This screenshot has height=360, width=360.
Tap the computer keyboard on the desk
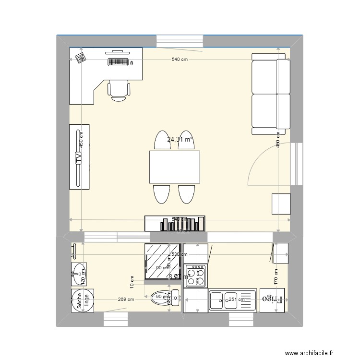(x=118, y=62)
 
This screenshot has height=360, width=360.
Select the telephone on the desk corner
(x=80, y=58)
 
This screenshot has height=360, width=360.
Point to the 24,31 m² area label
(x=180, y=140)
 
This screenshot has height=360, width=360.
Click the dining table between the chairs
(x=174, y=167)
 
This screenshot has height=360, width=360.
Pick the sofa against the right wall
(x=271, y=94)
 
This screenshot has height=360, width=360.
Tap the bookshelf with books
(x=175, y=223)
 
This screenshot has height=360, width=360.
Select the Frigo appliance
(x=272, y=300)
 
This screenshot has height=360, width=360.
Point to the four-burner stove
(x=196, y=276)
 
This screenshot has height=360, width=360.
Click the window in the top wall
(x=180, y=41)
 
